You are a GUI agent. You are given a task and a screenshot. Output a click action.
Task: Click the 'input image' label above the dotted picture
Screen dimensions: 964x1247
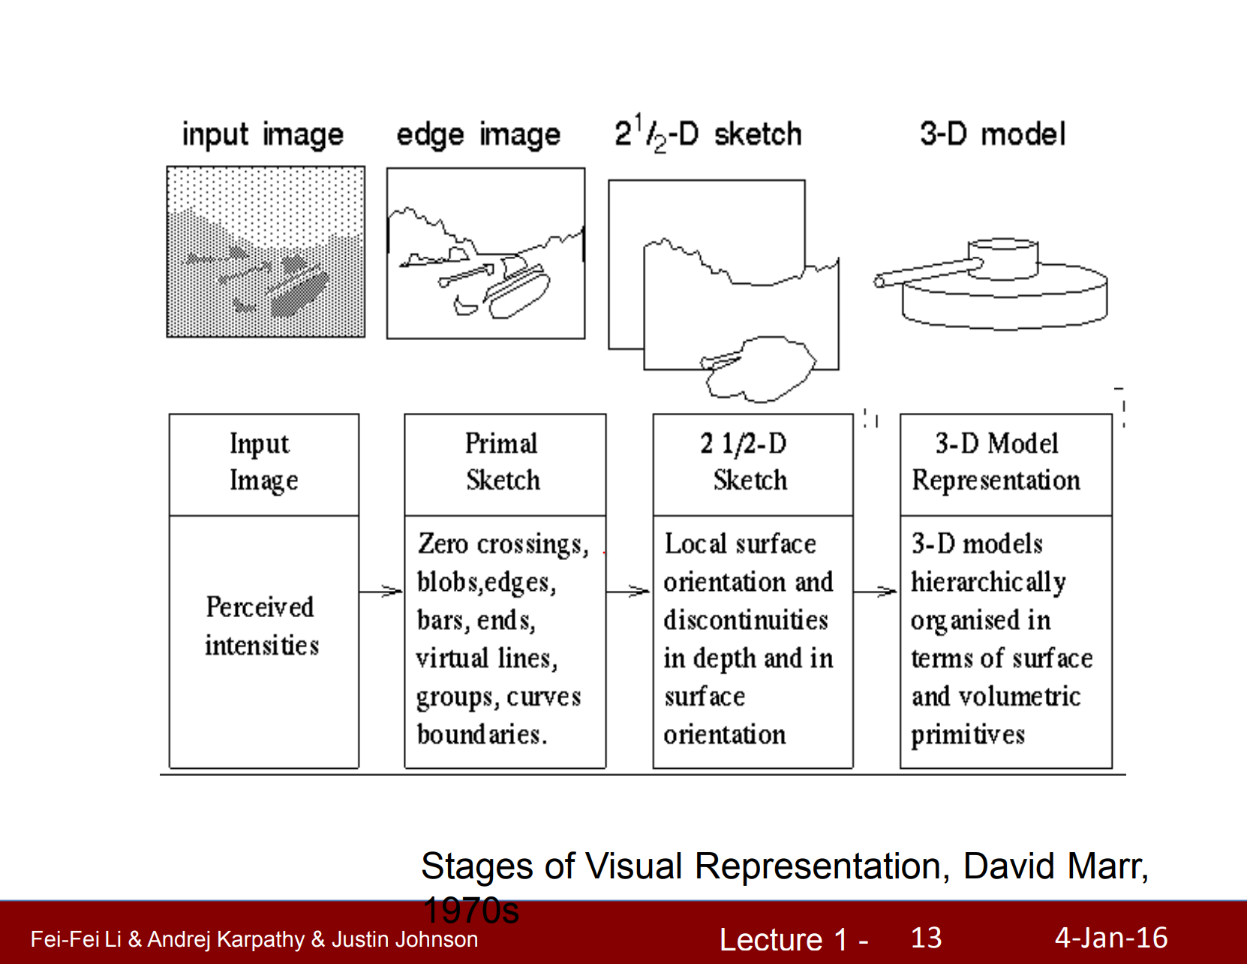coord(263,135)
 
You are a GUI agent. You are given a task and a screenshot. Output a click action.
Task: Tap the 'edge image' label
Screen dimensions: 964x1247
coord(478,135)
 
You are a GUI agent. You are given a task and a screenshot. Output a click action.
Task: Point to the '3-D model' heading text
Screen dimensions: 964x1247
coord(992,134)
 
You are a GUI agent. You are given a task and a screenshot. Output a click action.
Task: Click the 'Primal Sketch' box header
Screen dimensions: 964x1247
coord(503,462)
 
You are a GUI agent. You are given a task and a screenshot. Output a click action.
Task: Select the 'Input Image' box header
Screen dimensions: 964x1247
coord(263,462)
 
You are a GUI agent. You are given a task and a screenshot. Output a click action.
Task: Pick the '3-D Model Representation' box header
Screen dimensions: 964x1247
coord(996,462)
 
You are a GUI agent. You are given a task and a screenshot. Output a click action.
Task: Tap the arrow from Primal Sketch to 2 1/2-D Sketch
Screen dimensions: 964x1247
coord(629,592)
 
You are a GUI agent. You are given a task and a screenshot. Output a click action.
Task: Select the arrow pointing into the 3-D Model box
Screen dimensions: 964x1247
coord(876,592)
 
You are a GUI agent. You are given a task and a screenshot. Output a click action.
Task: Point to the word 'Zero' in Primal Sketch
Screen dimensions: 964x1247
coord(443,544)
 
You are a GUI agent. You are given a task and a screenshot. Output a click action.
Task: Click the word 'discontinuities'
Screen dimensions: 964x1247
coord(746,620)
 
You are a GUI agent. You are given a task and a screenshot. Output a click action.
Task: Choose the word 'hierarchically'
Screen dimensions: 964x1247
coord(988,583)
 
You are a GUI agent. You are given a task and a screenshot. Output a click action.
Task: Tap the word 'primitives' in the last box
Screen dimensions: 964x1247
coord(968,734)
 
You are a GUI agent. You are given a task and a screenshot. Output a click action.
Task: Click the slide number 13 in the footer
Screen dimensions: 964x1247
coord(926,938)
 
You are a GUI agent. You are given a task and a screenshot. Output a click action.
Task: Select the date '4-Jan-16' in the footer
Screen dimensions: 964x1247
coord(1111,938)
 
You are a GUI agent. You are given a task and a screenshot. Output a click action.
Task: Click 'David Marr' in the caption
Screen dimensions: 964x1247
coord(1053,866)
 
